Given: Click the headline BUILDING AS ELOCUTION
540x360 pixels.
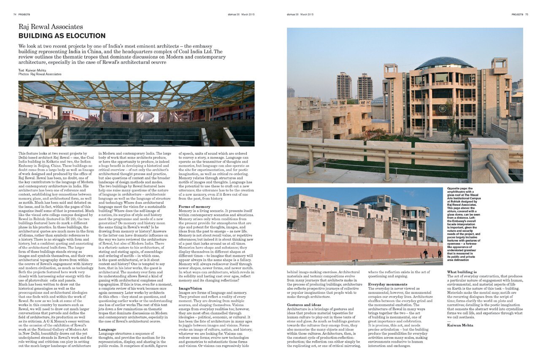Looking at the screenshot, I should tap(62, 36).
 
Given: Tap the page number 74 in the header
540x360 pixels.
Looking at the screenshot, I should tap(15, 14).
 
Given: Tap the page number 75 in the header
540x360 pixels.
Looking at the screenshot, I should tap(526, 14).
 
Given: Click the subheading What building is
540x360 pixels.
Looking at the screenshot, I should tap(462, 272).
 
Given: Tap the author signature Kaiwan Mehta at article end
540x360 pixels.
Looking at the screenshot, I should tap(460, 325).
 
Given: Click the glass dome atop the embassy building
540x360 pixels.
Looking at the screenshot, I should tap(443, 63).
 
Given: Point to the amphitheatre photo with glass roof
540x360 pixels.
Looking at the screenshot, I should tap(136, 113).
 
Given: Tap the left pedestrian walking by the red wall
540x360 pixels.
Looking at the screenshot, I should tap(425, 254).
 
